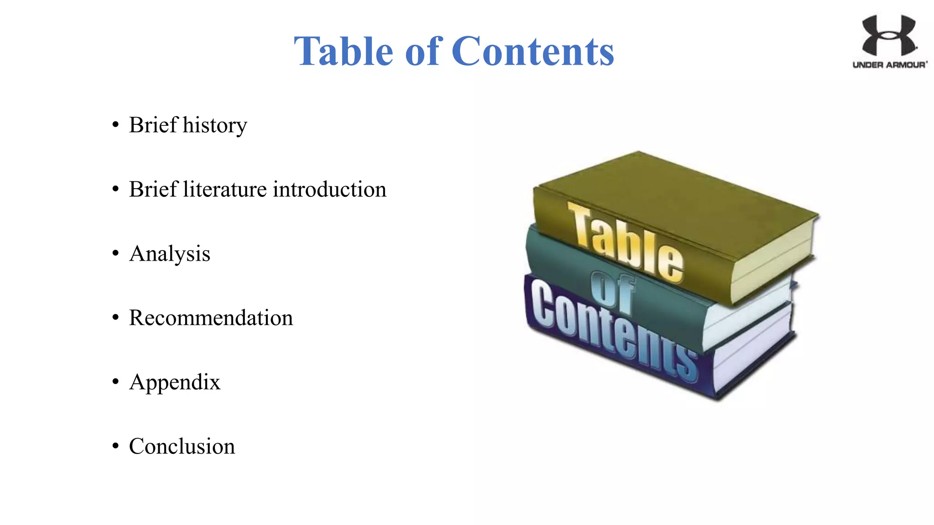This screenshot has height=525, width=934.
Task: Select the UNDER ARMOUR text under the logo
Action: coord(889,65)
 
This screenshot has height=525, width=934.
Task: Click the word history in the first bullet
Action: coord(215,125)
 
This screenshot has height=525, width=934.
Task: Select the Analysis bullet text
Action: coord(170,254)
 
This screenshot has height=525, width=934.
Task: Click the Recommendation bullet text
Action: coord(211,318)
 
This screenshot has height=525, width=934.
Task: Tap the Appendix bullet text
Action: coord(175,382)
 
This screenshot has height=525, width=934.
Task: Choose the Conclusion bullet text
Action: coord(182,446)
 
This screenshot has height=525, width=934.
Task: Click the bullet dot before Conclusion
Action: coord(115,446)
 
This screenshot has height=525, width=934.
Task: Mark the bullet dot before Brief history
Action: coord(115,125)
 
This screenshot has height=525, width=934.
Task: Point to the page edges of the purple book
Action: coord(752,351)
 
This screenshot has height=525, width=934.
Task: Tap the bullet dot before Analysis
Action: coord(115,253)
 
